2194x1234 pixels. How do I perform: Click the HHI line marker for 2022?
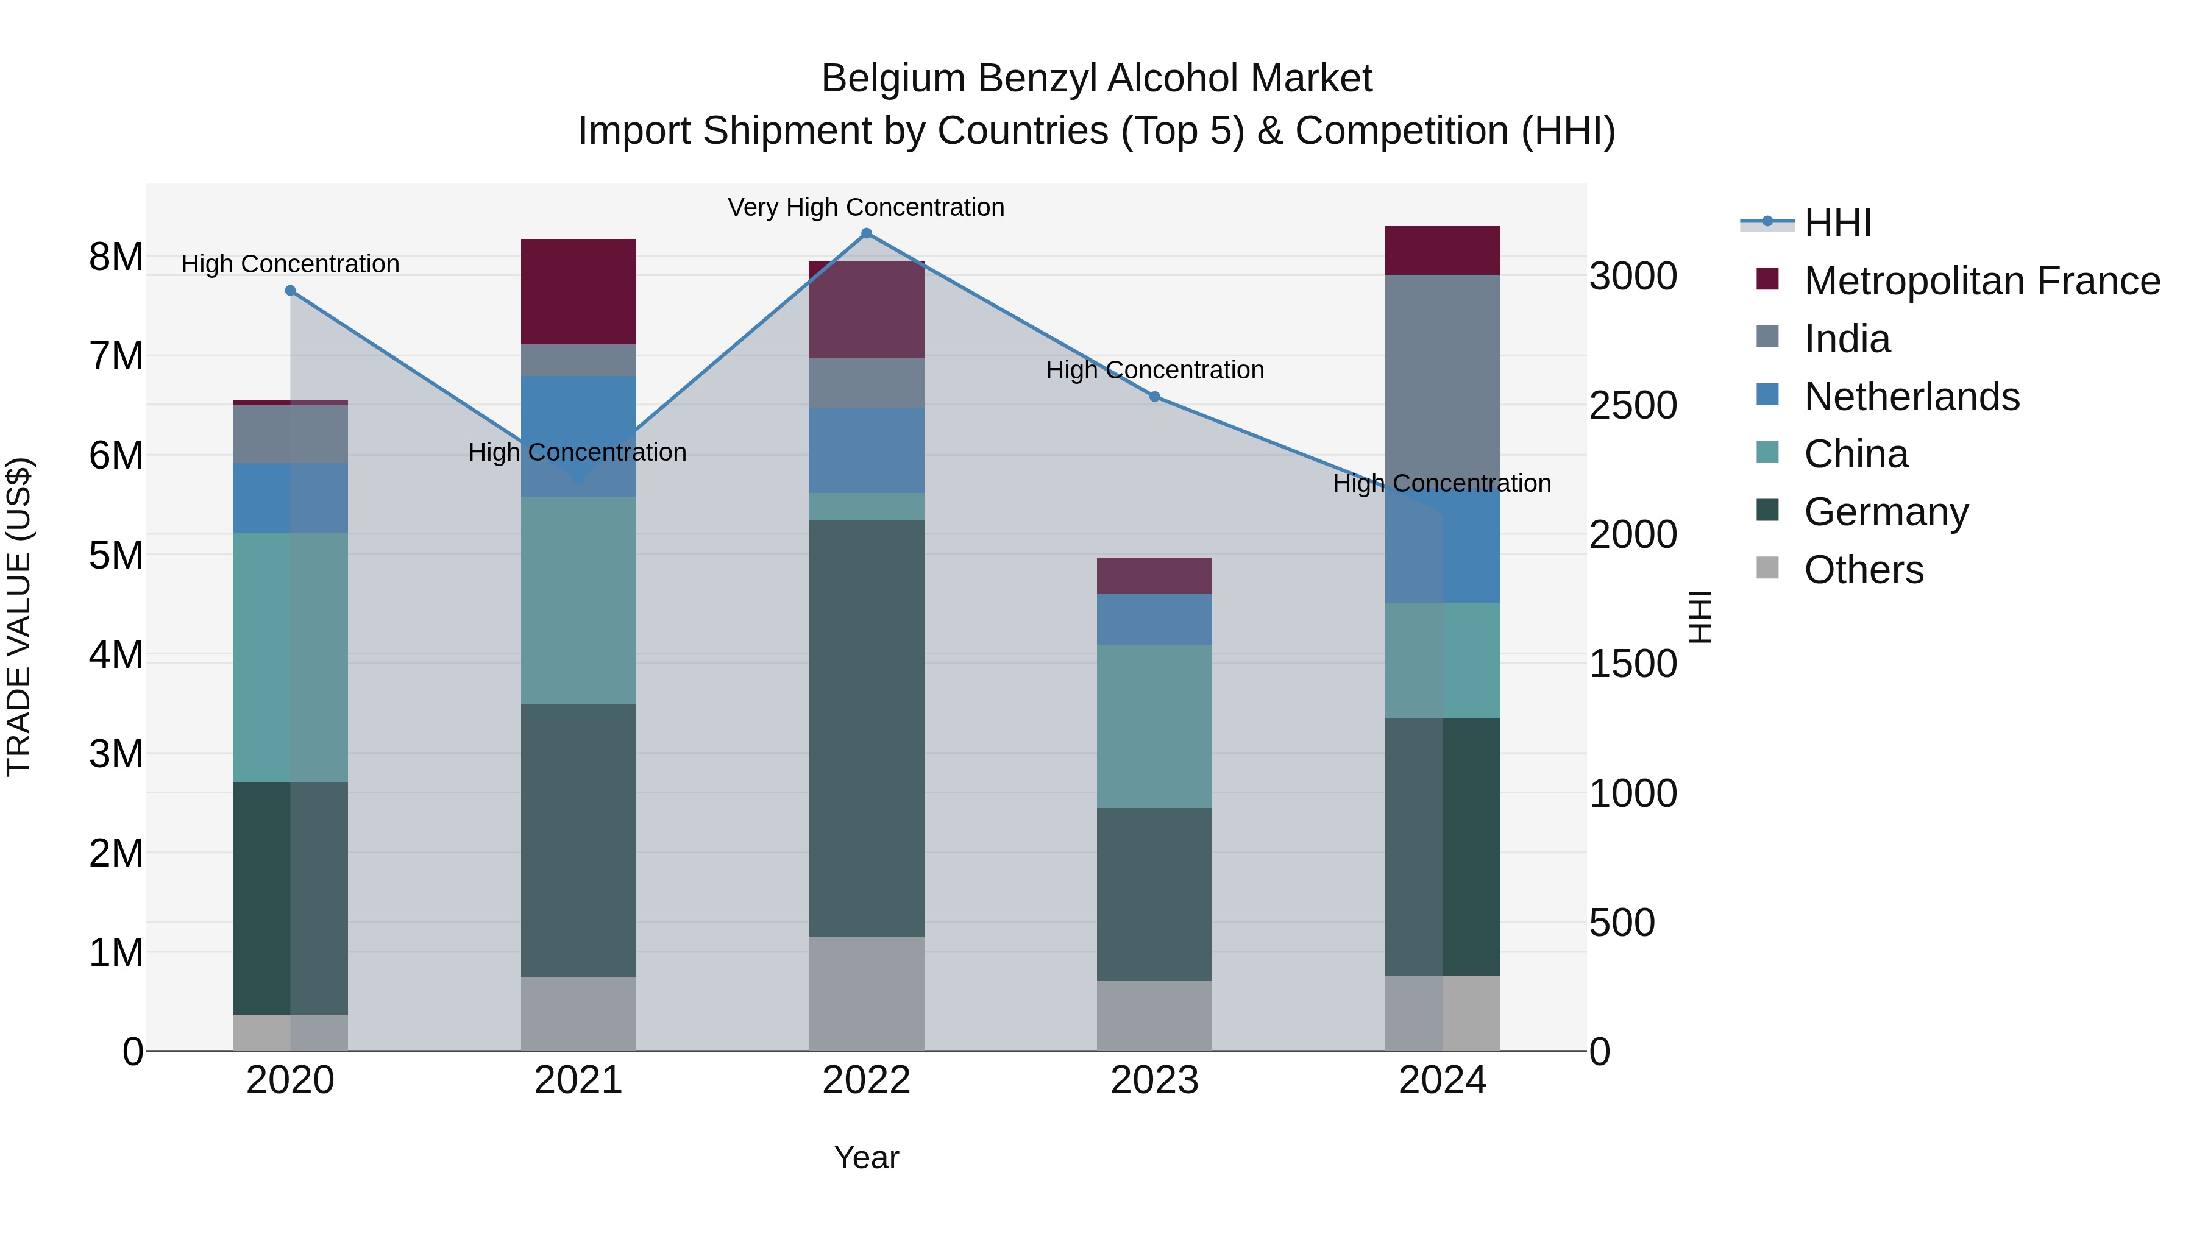[x=866, y=233]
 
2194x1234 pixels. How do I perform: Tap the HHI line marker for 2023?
[x=1154, y=397]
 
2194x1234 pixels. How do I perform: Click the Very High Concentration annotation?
[x=865, y=207]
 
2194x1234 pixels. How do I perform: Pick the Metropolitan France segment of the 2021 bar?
[x=578, y=291]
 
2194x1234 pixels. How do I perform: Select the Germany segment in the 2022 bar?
[x=866, y=728]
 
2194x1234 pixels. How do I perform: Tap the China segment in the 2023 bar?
[x=1154, y=726]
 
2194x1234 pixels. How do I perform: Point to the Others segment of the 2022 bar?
[x=866, y=993]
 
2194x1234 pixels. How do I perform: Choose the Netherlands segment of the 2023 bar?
[x=1154, y=619]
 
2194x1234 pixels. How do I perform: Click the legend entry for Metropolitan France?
[x=1981, y=281]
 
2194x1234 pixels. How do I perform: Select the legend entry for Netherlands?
[x=1911, y=397]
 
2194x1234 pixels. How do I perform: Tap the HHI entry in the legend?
[x=1837, y=223]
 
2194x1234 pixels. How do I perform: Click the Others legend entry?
[x=1864, y=570]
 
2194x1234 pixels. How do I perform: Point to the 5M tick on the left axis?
[x=116, y=555]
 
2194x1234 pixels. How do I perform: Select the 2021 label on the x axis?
[x=578, y=1080]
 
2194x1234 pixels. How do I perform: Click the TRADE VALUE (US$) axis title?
[x=19, y=617]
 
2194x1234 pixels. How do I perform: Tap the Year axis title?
[x=866, y=1157]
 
